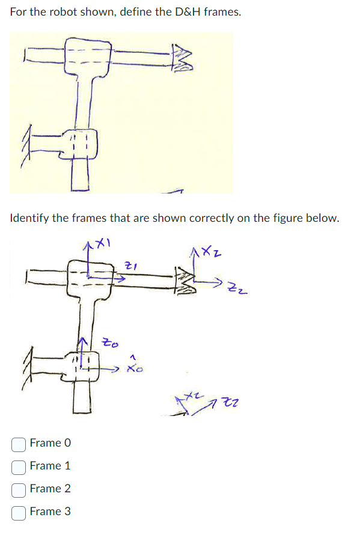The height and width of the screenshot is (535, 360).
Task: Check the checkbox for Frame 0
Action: (x=19, y=444)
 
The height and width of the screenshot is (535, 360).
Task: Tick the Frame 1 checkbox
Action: (x=19, y=466)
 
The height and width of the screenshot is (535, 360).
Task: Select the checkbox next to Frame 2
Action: (x=19, y=489)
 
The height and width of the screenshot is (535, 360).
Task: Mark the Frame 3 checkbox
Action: (x=19, y=512)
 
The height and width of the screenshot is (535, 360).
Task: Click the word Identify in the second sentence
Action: (x=29, y=218)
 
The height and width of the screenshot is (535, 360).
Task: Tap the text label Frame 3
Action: (x=50, y=512)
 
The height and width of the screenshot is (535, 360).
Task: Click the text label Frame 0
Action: (x=50, y=443)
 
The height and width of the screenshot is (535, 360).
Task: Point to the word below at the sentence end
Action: (x=323, y=218)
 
